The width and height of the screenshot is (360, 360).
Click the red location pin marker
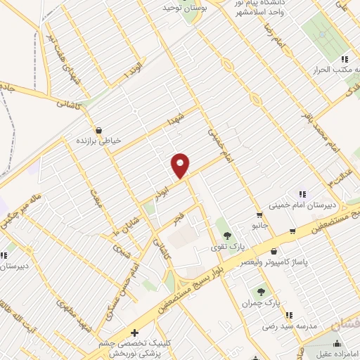[181, 166]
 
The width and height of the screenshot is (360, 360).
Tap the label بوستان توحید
[167, 7]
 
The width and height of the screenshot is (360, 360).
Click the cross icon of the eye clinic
[135, 333]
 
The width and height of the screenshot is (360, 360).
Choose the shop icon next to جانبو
[259, 214]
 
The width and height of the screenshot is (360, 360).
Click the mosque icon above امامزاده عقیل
[338, 343]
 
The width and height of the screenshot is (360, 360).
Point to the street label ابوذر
[164, 189]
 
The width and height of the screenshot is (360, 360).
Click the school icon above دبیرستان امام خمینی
[302, 193]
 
